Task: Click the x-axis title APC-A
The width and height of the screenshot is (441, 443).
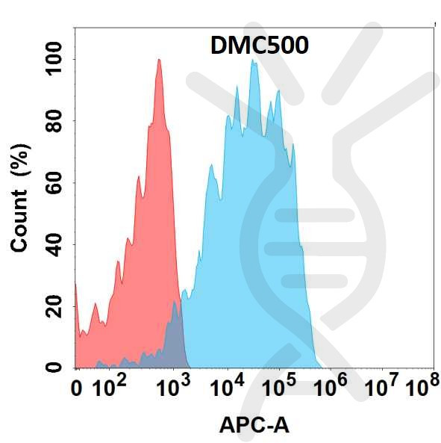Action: click(x=254, y=425)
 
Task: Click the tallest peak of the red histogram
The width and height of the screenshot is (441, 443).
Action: click(x=158, y=61)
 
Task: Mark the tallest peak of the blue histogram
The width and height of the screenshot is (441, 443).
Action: click(x=254, y=62)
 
